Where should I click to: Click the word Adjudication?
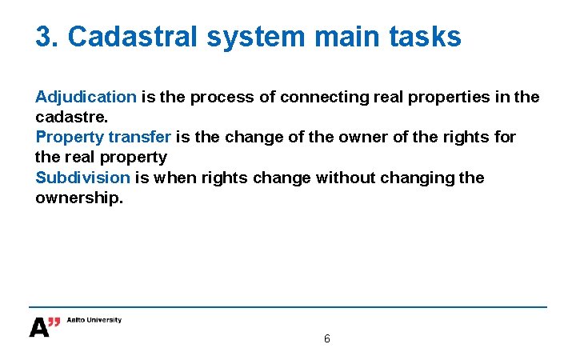click(86, 97)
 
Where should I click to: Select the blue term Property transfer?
click(103, 137)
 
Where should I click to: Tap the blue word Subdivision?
click(82, 177)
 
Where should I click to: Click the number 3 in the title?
click(44, 36)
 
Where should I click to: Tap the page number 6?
click(326, 338)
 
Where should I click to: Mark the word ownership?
click(78, 197)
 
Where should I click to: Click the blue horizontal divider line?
click(288, 307)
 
